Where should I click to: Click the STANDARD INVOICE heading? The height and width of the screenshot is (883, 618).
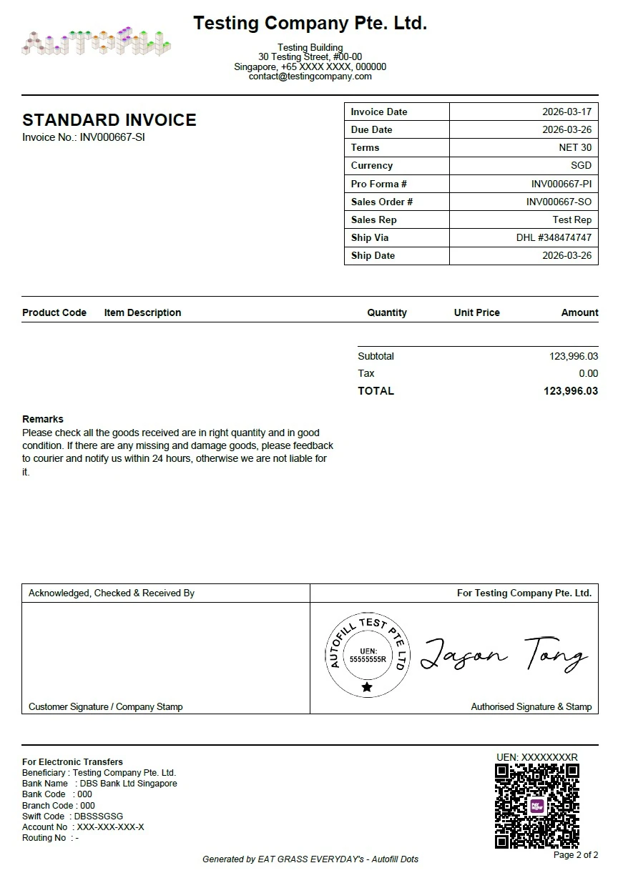[x=109, y=120]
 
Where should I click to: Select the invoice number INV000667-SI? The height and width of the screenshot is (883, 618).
[x=112, y=137]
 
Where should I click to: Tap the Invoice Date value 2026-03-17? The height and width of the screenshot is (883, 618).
[x=566, y=112]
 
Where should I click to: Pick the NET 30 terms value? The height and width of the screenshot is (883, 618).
[x=575, y=147]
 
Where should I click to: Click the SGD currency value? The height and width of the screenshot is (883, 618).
[x=581, y=165]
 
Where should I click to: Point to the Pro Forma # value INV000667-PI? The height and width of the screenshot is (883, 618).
[x=561, y=184]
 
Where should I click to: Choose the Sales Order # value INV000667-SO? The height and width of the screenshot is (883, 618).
[x=559, y=202]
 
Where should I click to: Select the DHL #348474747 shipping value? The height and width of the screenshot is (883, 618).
[x=554, y=237]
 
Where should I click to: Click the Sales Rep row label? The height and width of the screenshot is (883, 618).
[x=373, y=219]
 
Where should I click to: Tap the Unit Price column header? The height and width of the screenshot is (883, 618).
[x=476, y=312]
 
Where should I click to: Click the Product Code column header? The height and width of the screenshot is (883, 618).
[x=54, y=312]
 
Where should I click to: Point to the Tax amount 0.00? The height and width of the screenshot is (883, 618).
[x=588, y=373]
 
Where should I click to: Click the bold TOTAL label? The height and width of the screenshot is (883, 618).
[x=376, y=391]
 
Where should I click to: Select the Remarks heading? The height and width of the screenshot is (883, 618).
[x=43, y=419]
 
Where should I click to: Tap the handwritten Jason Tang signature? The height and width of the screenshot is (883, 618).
[x=504, y=653]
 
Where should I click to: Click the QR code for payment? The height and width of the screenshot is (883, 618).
[x=536, y=806]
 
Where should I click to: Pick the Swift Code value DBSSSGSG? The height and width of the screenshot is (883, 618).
[x=99, y=816]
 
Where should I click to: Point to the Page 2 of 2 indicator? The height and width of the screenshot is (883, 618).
[x=576, y=855]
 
